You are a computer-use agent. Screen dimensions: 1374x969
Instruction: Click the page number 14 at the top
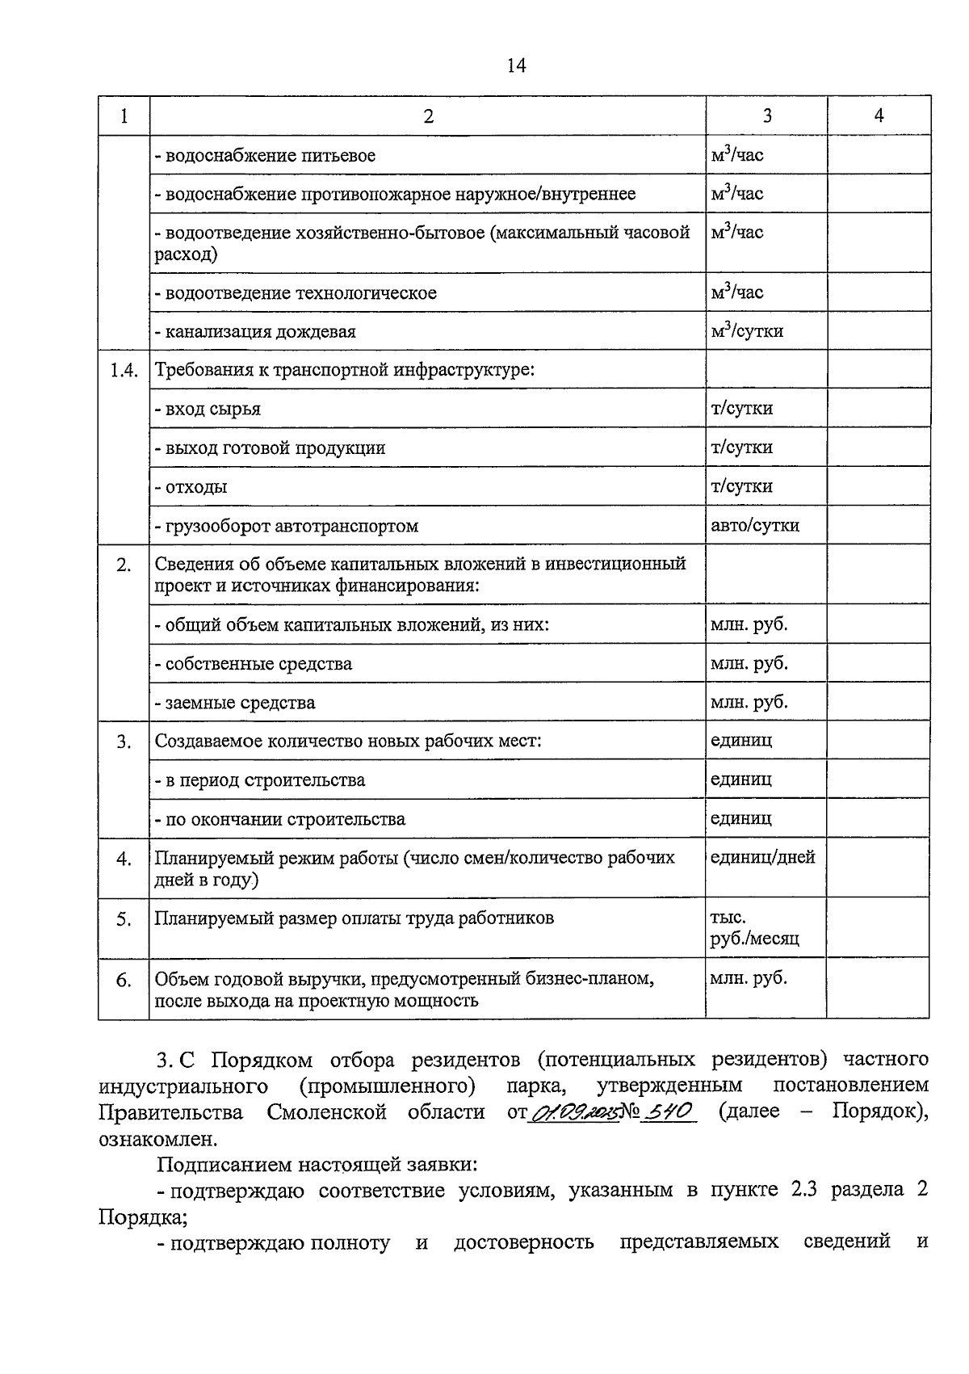[516, 66]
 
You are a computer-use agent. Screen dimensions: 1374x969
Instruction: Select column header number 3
[766, 116]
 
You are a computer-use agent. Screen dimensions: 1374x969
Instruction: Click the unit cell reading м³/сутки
[746, 330]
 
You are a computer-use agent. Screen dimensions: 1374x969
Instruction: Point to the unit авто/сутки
[754, 525]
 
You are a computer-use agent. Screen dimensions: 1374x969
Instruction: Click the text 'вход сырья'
[208, 409]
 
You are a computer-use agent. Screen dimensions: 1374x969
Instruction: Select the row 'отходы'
[191, 487]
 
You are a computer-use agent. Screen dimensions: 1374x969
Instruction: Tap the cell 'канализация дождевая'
[255, 331]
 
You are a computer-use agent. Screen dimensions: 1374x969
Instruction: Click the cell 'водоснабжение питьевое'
[265, 155]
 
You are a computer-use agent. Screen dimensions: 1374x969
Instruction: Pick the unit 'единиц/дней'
[762, 857]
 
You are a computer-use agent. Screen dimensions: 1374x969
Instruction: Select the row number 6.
[124, 980]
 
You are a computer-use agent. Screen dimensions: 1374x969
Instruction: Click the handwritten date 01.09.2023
[573, 1112]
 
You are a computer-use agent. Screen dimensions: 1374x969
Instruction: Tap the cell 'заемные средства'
[235, 703]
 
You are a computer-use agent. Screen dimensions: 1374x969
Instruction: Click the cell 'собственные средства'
[254, 664]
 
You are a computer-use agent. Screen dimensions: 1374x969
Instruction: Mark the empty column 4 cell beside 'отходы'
[878, 486]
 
